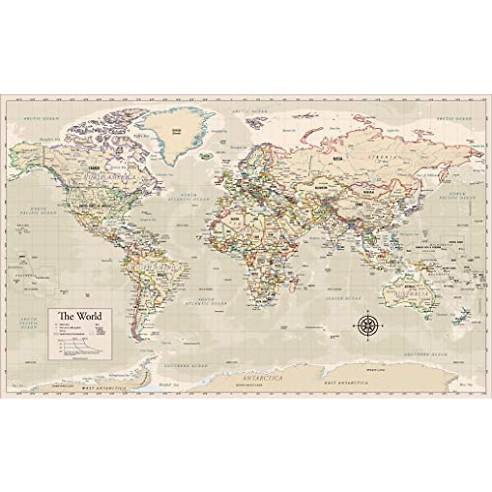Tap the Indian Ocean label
point(339,298)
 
